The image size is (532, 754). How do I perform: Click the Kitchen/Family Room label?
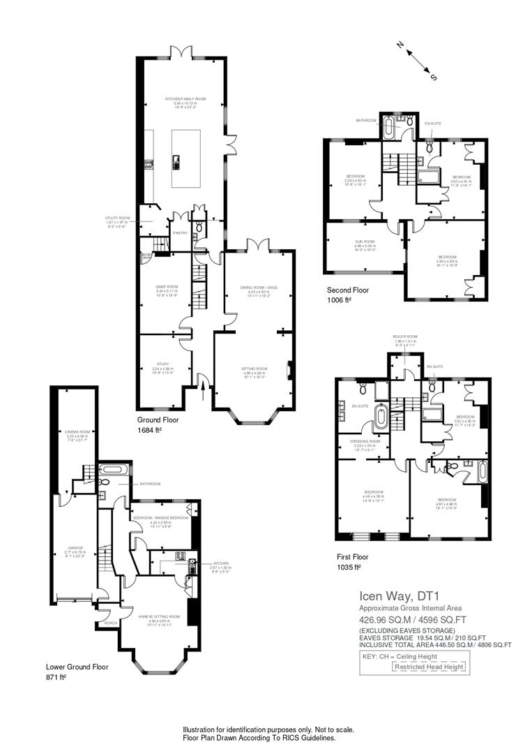click(x=181, y=100)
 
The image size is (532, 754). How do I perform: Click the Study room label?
click(x=163, y=364)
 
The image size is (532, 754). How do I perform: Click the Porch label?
click(x=110, y=623)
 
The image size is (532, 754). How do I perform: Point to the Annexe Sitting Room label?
click(x=159, y=616)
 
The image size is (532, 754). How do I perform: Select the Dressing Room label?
click(x=365, y=441)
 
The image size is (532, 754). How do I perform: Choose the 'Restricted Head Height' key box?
click(x=428, y=667)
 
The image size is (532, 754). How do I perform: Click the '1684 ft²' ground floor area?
click(x=149, y=431)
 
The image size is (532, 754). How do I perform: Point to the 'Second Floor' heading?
click(x=348, y=290)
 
